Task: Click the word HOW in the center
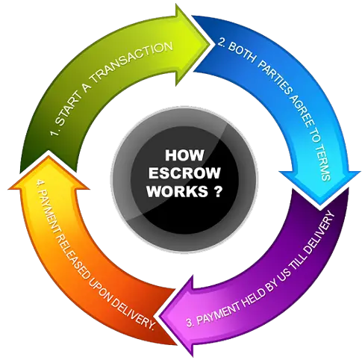(184, 155)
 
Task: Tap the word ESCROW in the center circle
(184, 173)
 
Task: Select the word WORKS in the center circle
(178, 191)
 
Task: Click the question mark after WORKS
(217, 191)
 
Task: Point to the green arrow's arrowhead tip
(211, 45)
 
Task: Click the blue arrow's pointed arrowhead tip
(320, 204)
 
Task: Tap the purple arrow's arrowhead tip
(159, 317)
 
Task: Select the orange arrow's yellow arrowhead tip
(49, 156)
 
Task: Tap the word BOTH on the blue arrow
(241, 52)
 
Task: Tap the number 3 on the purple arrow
(190, 323)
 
